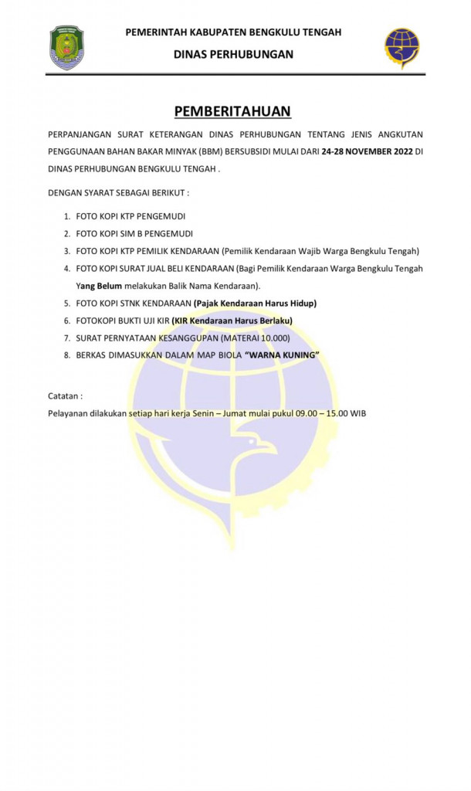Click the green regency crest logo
(66, 48)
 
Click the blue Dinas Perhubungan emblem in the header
(402, 48)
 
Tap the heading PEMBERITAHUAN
(232, 111)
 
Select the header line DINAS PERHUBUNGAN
(233, 54)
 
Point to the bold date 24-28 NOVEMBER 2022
(368, 152)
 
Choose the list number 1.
(67, 216)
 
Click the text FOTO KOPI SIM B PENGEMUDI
(134, 233)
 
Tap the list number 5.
(67, 303)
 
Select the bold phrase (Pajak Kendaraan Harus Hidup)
(255, 303)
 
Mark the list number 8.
(67, 355)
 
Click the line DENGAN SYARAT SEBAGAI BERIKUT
(118, 192)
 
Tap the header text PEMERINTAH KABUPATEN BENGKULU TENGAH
(233, 32)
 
